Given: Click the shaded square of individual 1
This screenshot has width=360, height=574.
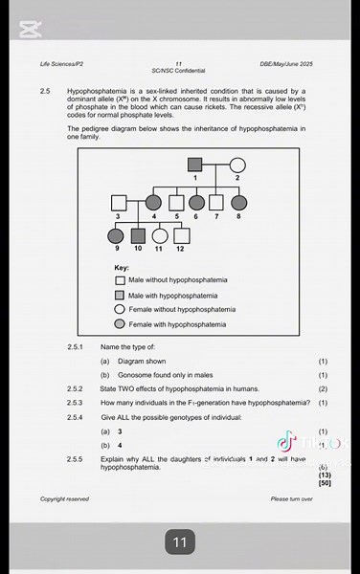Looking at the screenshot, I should pos(195,165).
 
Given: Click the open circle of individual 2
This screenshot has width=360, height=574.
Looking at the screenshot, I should pos(236,165).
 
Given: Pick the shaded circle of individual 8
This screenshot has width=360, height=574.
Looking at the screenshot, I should pos(238,203).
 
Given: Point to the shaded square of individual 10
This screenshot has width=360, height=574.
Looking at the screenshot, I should pos(138,235).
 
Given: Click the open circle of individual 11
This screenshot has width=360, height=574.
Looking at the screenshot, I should pos(159,235).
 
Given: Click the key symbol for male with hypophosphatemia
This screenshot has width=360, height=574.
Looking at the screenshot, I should pos(120,296).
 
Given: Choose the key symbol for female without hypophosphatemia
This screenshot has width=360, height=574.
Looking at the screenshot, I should pos(120,310).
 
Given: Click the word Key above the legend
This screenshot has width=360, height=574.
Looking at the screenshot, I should pos(122,267).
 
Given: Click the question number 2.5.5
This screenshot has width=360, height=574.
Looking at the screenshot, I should pos(76,460).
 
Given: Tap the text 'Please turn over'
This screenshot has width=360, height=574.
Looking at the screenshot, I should pos(291,498).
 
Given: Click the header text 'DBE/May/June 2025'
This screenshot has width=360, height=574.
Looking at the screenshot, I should pos(286,63).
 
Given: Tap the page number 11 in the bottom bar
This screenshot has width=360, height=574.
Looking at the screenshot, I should pos(179,542).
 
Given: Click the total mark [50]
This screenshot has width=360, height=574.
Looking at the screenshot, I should pos(325,483).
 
